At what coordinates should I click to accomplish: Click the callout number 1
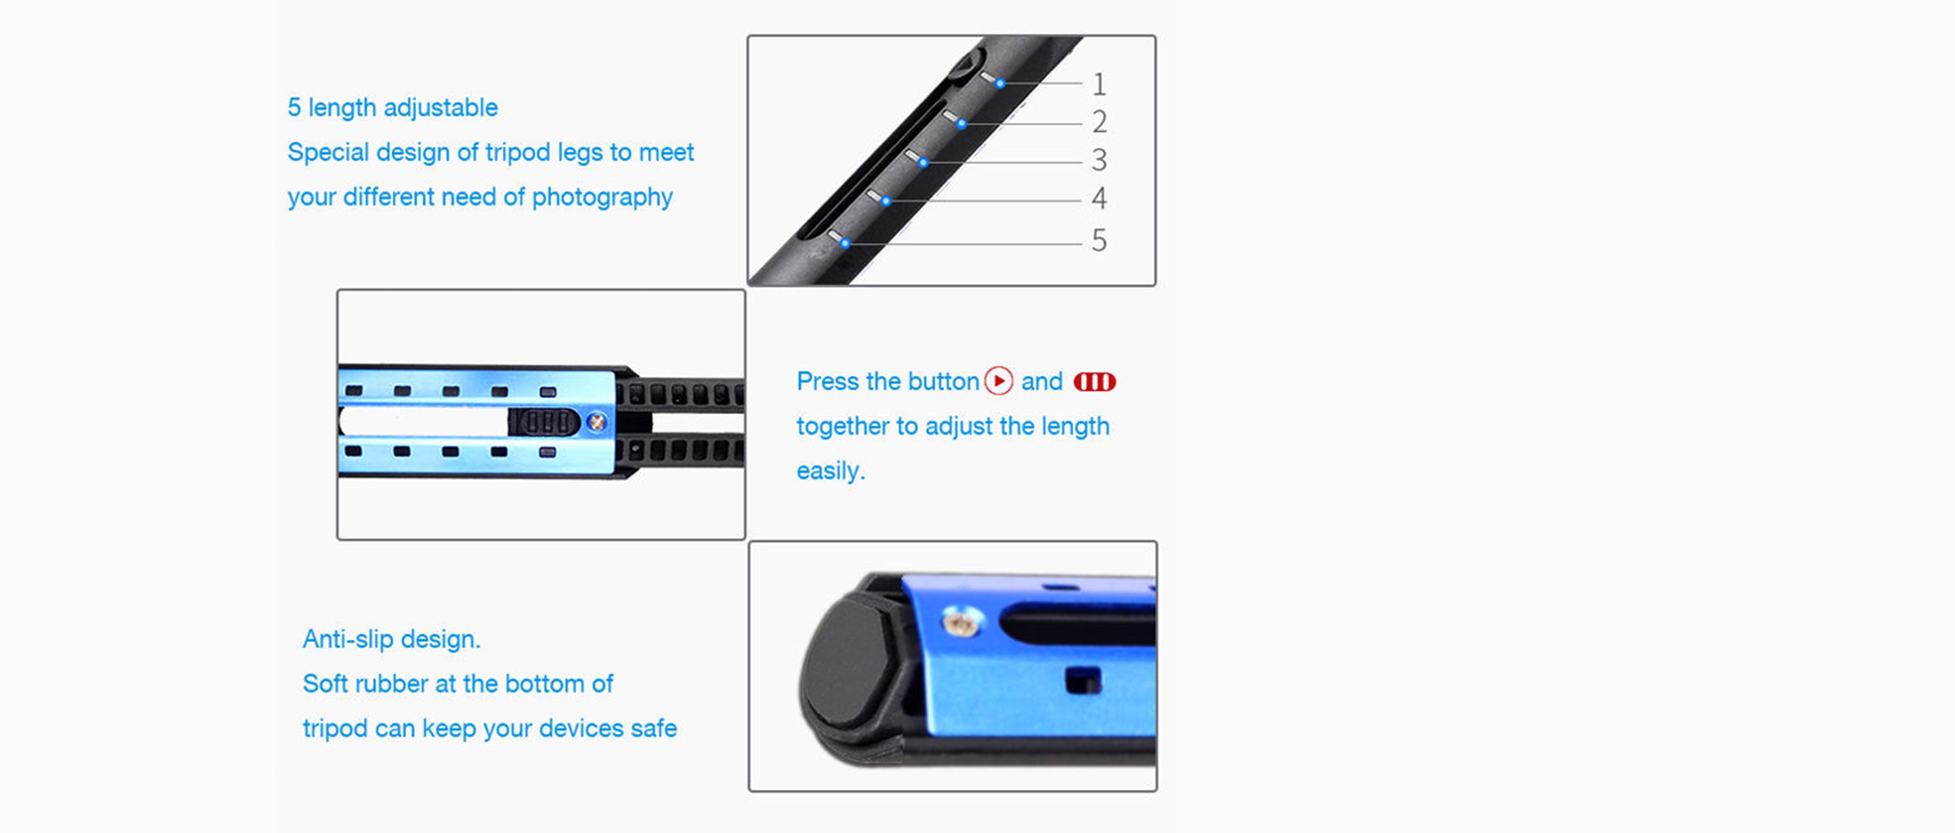point(1099,84)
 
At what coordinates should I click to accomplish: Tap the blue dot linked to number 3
point(923,163)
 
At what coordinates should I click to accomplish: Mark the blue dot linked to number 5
point(845,244)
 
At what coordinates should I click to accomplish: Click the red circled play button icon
point(999,381)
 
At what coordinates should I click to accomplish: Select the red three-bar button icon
point(1094,381)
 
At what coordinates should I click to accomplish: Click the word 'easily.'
point(831,471)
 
